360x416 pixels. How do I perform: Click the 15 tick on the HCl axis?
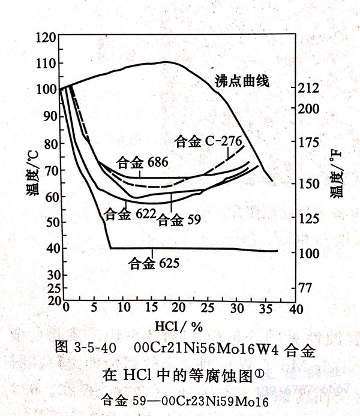point(148,308)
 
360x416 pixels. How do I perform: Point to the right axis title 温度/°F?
point(334,176)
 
